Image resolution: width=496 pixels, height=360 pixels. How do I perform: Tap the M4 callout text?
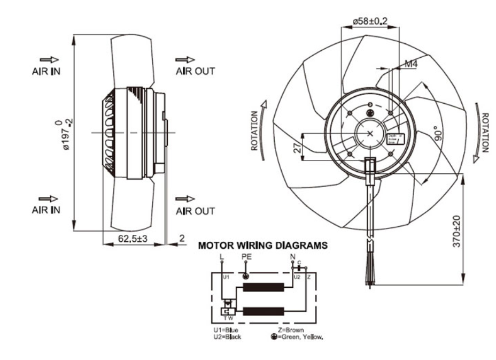411,64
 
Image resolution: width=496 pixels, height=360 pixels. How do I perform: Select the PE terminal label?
247,257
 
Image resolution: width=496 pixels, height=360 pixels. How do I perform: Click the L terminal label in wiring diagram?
222,257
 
